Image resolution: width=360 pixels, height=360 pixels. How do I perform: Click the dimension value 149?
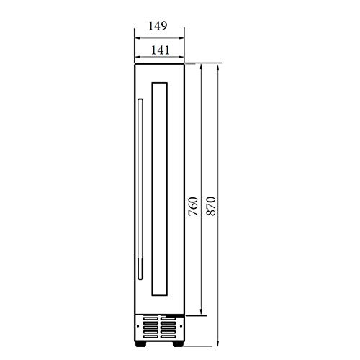pos(158,25)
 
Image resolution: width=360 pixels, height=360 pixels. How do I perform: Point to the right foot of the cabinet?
pos(175,336)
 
